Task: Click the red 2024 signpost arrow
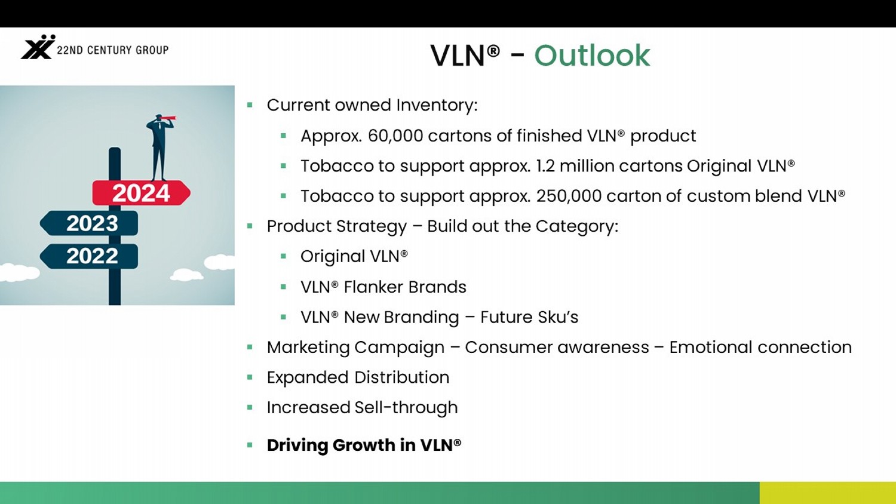point(141,193)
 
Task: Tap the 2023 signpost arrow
point(89,223)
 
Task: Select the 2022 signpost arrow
point(89,256)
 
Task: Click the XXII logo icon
point(38,47)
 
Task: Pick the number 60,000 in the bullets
point(395,136)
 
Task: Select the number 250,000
point(569,196)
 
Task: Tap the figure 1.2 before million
point(545,165)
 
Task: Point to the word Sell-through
point(406,408)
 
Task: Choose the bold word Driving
point(297,445)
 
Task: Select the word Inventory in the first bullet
point(437,105)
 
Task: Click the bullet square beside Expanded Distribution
point(250,377)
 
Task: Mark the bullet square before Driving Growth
point(250,445)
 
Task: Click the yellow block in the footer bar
point(827,493)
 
